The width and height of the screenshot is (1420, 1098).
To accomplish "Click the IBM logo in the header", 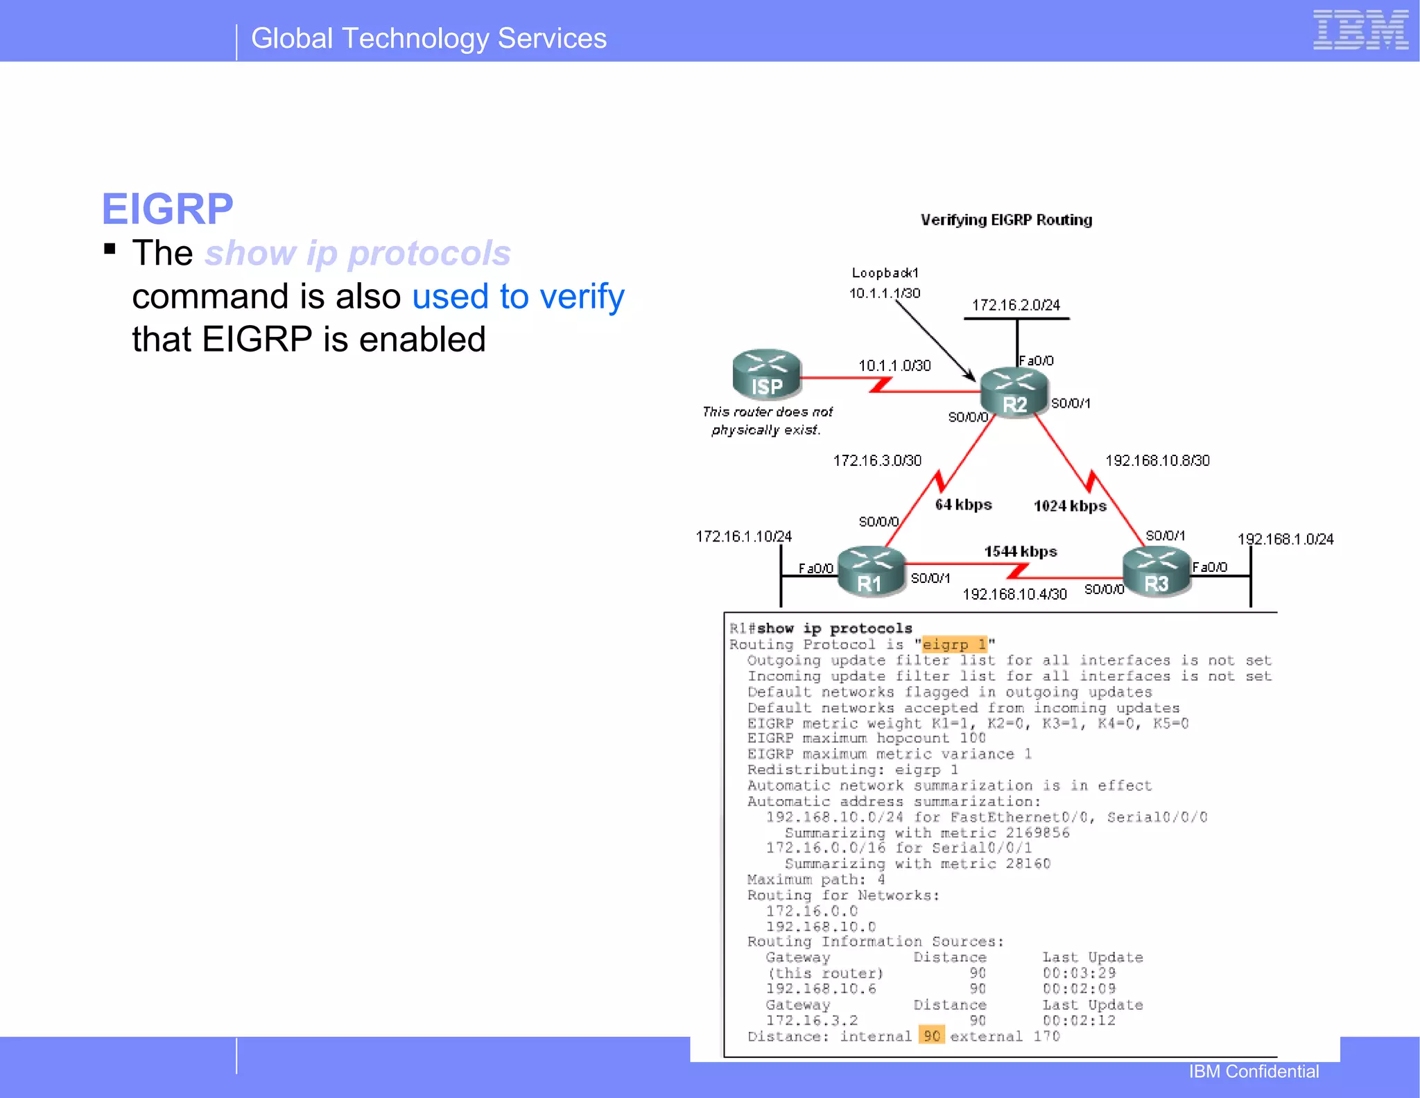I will tap(1360, 31).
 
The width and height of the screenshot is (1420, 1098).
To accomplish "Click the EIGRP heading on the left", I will tap(167, 209).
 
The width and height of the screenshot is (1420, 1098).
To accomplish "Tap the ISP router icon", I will tap(766, 375).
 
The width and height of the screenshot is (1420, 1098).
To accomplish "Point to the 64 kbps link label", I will tap(963, 505).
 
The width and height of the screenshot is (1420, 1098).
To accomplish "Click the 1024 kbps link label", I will tap(1069, 506).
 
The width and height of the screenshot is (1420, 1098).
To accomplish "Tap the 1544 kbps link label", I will tap(1021, 552).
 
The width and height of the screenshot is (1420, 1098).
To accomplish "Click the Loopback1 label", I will tap(885, 273).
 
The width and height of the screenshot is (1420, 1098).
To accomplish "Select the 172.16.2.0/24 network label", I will tap(1016, 305).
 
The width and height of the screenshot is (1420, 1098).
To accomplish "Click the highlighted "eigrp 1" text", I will tap(953, 645).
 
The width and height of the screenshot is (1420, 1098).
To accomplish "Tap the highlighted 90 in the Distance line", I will tap(931, 1036).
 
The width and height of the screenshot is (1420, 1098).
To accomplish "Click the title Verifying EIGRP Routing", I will tap(1006, 220).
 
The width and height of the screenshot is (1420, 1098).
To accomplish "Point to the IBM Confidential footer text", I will tap(1254, 1072).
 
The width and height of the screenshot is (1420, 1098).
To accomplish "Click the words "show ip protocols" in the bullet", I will tap(358, 253).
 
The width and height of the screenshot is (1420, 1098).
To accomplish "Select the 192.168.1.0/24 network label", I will tap(1285, 539).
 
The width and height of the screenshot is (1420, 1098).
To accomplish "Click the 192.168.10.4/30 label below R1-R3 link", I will tap(1014, 594).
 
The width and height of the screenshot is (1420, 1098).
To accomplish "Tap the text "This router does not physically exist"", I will tap(767, 421).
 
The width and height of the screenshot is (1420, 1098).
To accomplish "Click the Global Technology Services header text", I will tap(428, 39).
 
